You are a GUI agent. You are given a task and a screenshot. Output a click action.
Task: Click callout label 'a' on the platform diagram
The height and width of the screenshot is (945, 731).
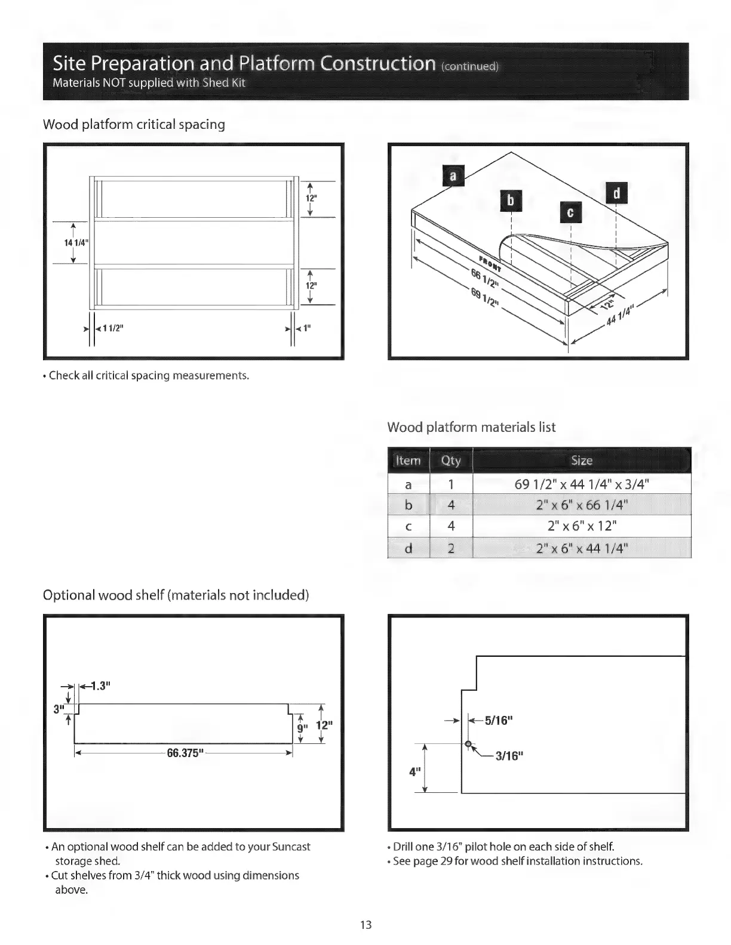click(452, 176)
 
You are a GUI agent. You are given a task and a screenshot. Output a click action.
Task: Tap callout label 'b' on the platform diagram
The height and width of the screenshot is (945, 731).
click(511, 200)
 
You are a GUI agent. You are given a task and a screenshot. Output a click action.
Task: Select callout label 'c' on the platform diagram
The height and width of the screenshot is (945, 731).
click(570, 213)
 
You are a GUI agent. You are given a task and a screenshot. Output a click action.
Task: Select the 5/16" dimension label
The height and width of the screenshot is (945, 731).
click(499, 720)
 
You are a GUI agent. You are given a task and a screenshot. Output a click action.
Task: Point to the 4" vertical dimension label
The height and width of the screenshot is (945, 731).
click(413, 771)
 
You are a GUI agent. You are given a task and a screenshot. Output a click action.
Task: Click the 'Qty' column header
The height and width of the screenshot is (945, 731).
click(451, 461)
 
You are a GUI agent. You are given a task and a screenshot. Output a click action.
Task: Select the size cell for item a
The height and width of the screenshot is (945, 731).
click(581, 484)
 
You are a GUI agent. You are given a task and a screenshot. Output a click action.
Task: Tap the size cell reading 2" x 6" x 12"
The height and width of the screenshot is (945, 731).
click(581, 526)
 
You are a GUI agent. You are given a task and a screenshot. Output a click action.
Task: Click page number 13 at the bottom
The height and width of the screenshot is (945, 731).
click(365, 925)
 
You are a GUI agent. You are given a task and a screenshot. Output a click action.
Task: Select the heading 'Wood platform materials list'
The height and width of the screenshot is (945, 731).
click(471, 427)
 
